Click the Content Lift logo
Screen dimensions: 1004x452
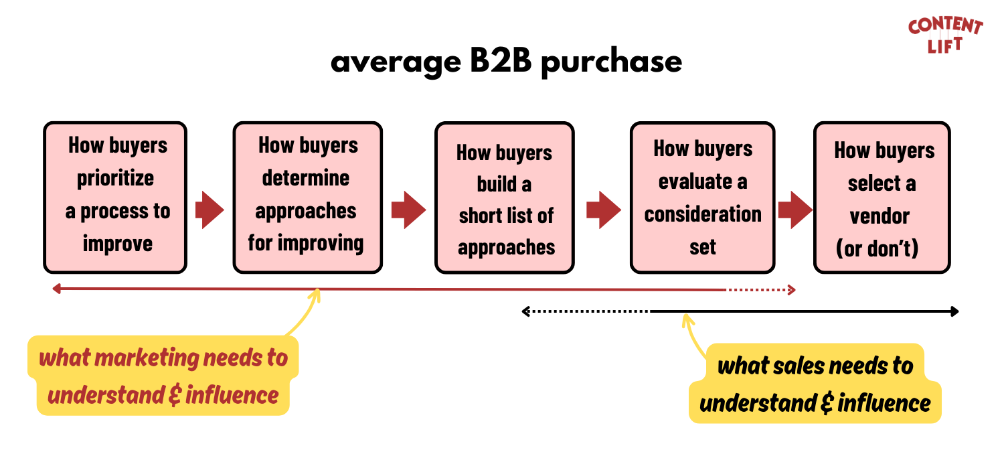(x=945, y=35)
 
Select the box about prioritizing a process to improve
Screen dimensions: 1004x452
(x=115, y=198)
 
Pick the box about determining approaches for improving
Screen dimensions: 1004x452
(x=307, y=198)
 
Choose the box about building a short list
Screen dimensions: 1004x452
(x=505, y=198)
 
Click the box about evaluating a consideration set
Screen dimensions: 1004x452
(x=702, y=198)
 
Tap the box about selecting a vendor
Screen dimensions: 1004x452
(x=882, y=198)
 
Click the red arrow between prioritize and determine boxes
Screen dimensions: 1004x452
(x=210, y=210)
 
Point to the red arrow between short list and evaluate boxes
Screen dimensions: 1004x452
(x=604, y=210)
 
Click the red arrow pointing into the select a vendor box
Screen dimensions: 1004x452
(x=794, y=210)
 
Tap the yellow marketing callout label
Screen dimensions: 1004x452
(x=163, y=376)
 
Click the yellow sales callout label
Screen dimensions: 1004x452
(x=815, y=384)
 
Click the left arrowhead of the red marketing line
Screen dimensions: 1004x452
(x=57, y=289)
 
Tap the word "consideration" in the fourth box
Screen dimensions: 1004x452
(x=703, y=214)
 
